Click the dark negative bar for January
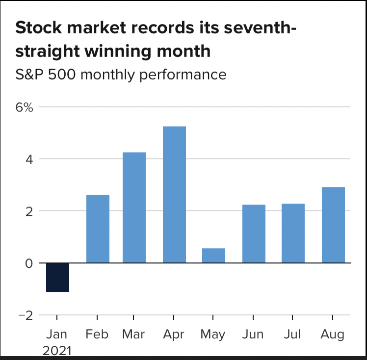(x=57, y=277)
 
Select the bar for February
(x=98, y=229)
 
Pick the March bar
(x=134, y=207)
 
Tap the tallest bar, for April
(x=174, y=195)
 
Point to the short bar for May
(x=213, y=256)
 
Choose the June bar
(x=254, y=234)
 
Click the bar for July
(x=293, y=233)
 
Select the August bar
(x=333, y=225)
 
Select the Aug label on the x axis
(x=333, y=334)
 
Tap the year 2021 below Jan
(x=57, y=351)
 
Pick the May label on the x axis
(x=213, y=334)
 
